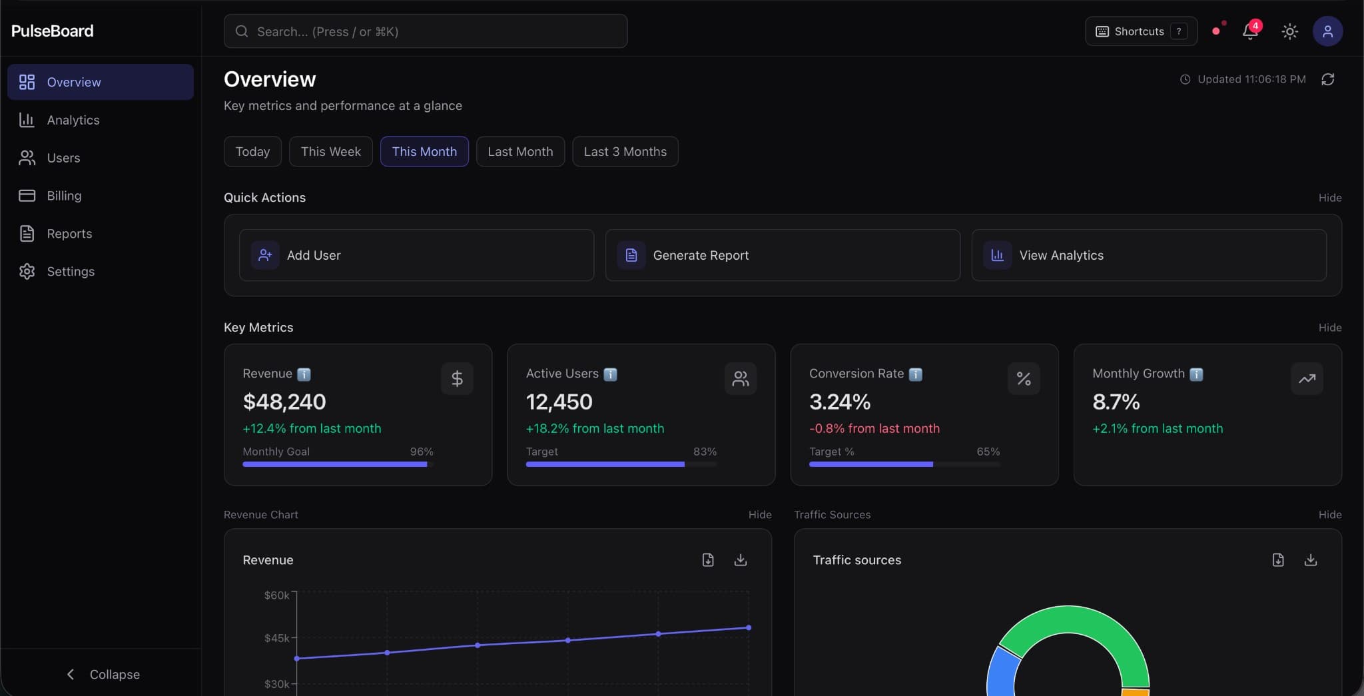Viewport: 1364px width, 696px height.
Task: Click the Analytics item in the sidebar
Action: (73, 120)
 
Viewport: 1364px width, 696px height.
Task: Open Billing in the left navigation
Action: (64, 196)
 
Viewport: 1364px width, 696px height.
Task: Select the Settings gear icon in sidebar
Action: (27, 272)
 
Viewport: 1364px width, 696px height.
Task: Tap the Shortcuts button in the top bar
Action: (1140, 31)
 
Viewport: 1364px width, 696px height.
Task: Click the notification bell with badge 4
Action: (1249, 31)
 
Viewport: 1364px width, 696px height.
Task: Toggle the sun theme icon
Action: (1289, 31)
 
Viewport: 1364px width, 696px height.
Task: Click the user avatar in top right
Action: (1327, 31)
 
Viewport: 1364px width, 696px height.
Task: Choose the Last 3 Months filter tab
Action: (625, 152)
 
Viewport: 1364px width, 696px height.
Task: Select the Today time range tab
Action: (252, 152)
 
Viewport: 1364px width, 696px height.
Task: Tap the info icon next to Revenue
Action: (304, 374)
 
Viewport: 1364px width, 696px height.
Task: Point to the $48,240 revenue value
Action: (284, 402)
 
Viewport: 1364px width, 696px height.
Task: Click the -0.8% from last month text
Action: (874, 428)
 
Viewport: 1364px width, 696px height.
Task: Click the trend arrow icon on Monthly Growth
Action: (1307, 378)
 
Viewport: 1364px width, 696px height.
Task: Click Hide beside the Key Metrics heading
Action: (1329, 328)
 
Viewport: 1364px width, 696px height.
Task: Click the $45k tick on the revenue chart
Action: (276, 638)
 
